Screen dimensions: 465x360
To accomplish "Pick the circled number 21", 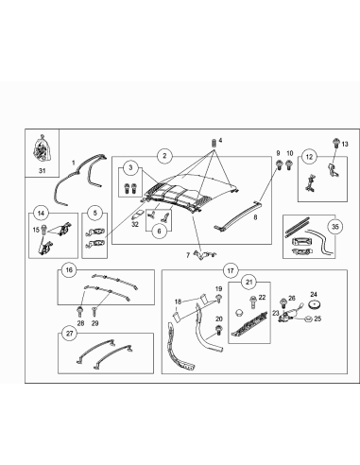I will [x=249, y=281].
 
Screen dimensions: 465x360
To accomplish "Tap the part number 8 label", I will [x=254, y=215].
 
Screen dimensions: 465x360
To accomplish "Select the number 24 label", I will [x=314, y=293].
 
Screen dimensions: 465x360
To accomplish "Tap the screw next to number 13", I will [x=336, y=142].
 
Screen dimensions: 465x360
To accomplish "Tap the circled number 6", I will [x=159, y=230].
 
